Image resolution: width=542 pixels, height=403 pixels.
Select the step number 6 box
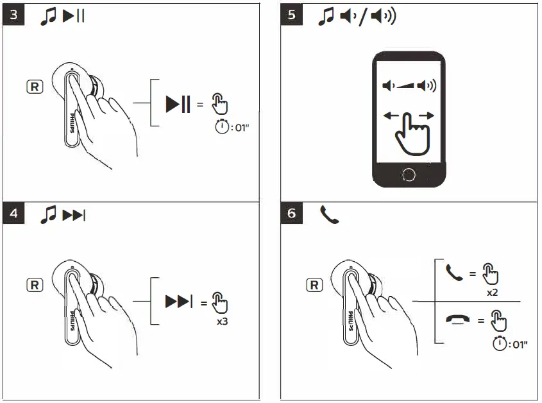coord(292,214)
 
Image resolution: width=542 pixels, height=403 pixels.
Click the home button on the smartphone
coord(409,174)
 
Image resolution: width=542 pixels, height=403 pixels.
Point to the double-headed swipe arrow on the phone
coord(409,116)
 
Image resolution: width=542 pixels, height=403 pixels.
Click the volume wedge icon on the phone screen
coord(409,86)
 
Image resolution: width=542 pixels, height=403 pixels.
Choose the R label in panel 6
coord(314,284)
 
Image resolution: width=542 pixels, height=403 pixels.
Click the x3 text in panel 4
coord(222,320)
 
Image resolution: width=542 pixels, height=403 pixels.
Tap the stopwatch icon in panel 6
coord(498,344)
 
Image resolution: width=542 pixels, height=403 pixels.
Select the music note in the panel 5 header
coord(326,17)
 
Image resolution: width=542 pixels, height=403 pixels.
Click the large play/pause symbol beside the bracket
coord(178,103)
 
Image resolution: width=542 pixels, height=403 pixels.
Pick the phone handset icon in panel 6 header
coord(329,214)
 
